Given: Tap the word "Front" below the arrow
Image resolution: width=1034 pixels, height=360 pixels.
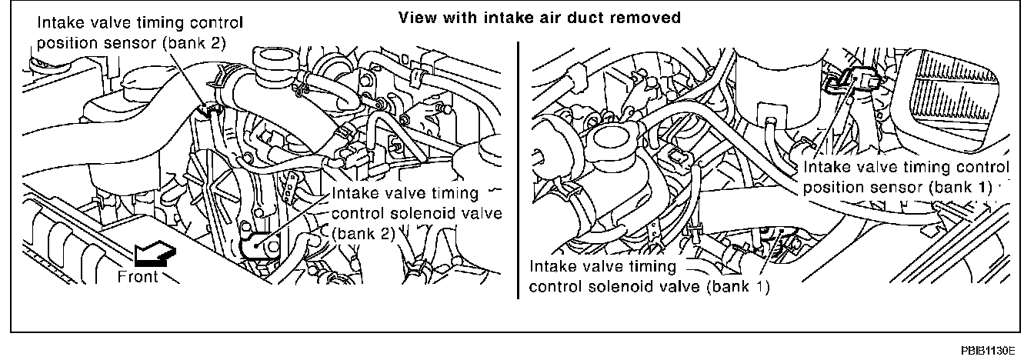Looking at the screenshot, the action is pyautogui.click(x=139, y=277).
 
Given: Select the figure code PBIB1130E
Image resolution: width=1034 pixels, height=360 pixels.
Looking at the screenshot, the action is pyautogui.click(x=998, y=349).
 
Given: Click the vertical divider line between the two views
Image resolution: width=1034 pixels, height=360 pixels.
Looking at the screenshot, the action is pyautogui.click(x=518, y=169).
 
